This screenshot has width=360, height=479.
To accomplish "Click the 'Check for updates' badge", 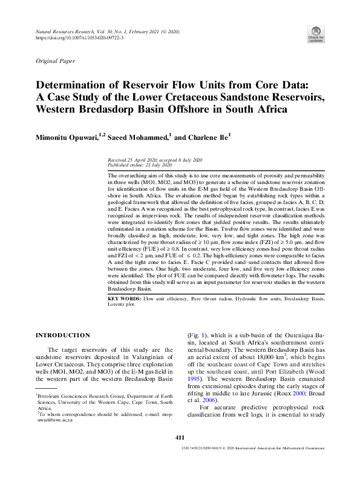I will pos(316,34).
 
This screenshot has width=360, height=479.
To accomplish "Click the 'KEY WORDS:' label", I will pos(123,299).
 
